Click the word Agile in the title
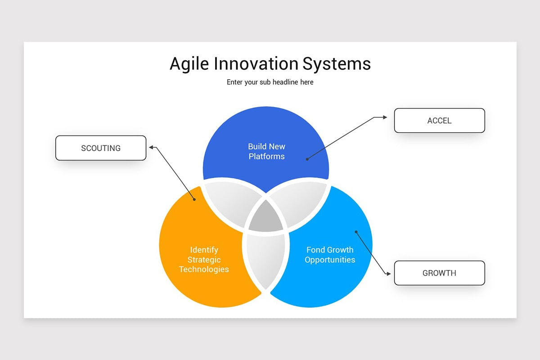click(189, 64)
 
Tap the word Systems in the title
click(337, 64)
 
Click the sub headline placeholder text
click(270, 82)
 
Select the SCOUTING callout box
click(101, 148)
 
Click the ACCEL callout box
click(439, 121)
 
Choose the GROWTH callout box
click(439, 273)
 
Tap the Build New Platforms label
click(266, 151)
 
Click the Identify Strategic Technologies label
click(204, 260)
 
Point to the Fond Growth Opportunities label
click(330, 255)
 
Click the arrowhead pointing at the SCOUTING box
click(152, 147)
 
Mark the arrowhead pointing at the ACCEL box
click(385, 117)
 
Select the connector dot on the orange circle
click(194, 200)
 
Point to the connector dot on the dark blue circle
click(307, 159)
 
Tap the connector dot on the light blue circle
click(356, 232)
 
